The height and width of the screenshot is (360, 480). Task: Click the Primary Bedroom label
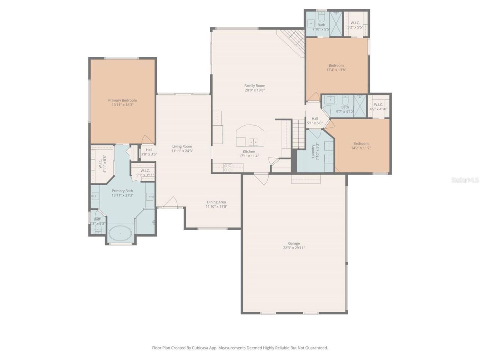(122, 100)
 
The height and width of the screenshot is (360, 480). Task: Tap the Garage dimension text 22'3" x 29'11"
(294, 248)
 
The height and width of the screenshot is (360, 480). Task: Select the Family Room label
(255, 85)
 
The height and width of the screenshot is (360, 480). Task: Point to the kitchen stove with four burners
(228, 168)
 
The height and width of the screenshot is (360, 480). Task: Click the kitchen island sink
(253, 142)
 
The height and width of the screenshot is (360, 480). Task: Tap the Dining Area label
(216, 202)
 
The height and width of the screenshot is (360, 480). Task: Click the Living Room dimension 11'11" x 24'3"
(182, 151)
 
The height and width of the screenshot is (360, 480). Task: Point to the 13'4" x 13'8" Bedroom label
(336, 65)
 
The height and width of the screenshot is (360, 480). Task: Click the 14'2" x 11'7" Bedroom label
(361, 143)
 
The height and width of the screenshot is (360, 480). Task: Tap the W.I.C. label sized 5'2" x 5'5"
(355, 23)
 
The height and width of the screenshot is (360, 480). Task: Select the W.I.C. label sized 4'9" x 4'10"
(378, 105)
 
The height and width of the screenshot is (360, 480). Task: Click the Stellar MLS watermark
(465, 180)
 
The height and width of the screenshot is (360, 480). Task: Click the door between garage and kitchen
(261, 178)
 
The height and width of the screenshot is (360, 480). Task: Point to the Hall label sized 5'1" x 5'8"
(315, 118)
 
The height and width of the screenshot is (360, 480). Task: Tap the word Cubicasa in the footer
(201, 348)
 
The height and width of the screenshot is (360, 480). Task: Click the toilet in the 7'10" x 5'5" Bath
(321, 18)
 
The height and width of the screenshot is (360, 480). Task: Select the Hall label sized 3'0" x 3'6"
(149, 150)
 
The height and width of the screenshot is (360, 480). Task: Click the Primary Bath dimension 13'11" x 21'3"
(122, 195)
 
